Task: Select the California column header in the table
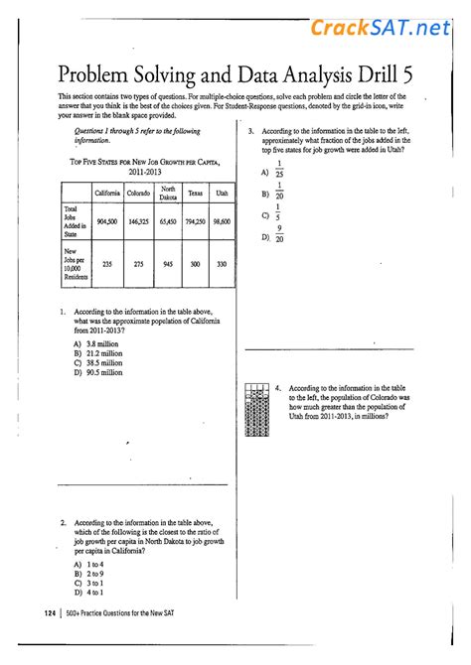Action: pyautogui.click(x=107, y=192)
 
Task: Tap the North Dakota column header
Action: pyautogui.click(x=168, y=192)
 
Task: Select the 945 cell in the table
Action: pyautogui.click(x=168, y=264)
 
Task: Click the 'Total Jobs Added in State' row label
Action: pyautogui.click(x=76, y=221)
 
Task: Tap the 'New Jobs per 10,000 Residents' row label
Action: pyautogui.click(x=76, y=264)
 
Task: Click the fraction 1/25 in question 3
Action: pyautogui.click(x=279, y=170)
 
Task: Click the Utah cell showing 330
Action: pyautogui.click(x=222, y=264)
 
